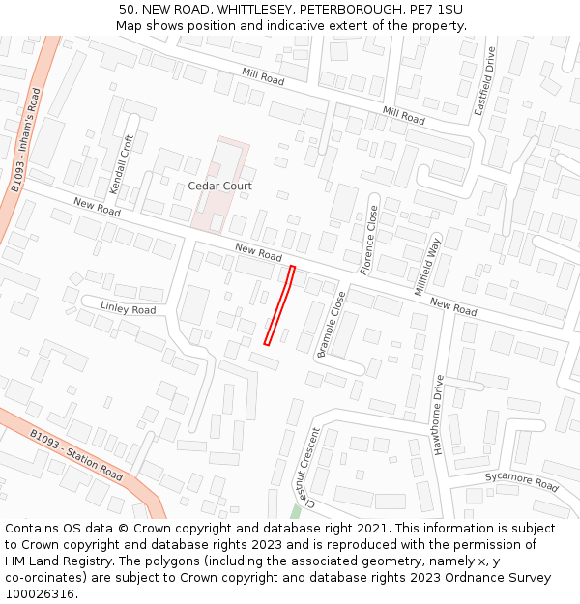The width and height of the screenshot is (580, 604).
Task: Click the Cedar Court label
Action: [x=219, y=186]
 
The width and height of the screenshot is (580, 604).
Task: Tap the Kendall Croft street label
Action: [x=123, y=163]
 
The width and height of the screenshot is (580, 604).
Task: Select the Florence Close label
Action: [x=370, y=240]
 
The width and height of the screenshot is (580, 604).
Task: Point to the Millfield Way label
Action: [x=427, y=266]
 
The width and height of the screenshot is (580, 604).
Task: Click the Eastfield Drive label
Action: [x=484, y=81]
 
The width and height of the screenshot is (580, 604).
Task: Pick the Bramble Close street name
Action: [x=331, y=325]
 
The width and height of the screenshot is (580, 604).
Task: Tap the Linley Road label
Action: [x=128, y=308]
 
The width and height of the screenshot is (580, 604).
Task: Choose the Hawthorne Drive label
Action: [x=440, y=414]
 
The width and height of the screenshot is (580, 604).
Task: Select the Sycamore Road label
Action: [x=521, y=480]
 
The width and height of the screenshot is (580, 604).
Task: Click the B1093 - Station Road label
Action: [x=75, y=455]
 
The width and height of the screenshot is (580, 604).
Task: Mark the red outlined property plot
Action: [x=279, y=304]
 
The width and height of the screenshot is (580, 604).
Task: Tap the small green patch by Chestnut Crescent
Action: [x=295, y=510]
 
